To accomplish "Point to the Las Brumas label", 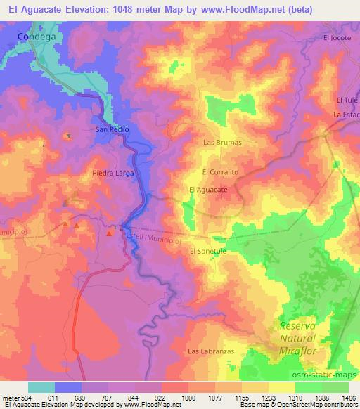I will (221, 142).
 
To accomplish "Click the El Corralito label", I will (221, 171).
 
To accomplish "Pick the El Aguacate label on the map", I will (208, 190).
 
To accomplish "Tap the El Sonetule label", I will (208, 251).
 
